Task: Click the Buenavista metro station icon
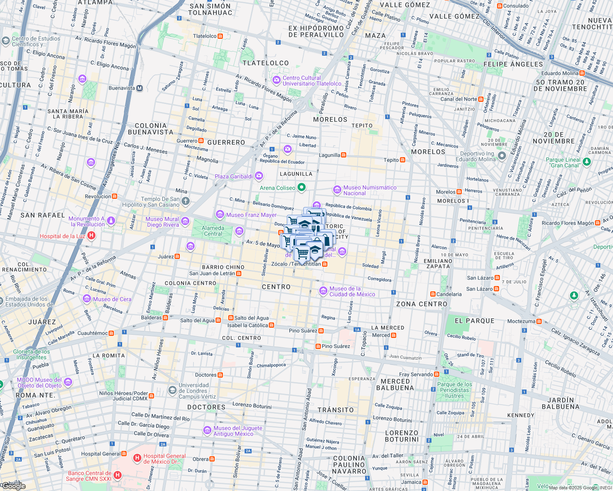(139, 88)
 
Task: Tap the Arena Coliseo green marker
(302, 188)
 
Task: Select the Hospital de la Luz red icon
(92, 236)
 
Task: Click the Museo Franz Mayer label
(251, 215)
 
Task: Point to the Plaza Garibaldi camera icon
(259, 176)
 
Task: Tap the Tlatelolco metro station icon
(220, 36)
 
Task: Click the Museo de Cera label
(112, 299)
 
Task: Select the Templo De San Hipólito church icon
(186, 200)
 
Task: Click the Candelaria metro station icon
(433, 294)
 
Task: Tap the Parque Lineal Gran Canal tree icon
(586, 162)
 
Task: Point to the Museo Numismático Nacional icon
(337, 190)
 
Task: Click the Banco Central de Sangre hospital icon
(118, 475)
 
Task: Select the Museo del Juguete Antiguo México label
(238, 431)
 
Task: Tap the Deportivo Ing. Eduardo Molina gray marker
(502, 156)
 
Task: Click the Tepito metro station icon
(403, 160)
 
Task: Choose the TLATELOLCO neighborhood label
(266, 63)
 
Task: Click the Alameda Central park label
(213, 231)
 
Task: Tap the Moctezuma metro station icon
(539, 321)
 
